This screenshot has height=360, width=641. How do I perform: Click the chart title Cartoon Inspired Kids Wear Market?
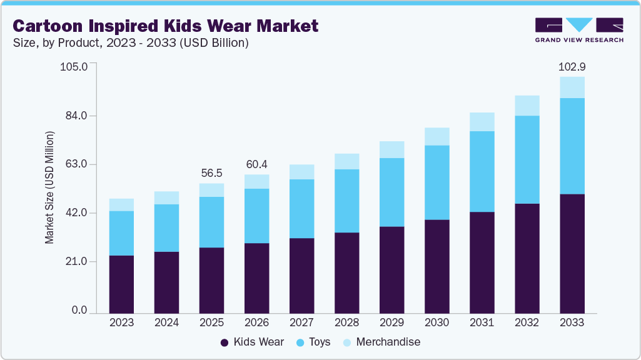point(166,26)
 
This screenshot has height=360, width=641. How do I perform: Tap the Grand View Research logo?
point(579,30)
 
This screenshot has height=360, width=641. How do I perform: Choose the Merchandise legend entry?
point(381,342)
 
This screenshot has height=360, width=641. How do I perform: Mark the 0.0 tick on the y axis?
point(79,311)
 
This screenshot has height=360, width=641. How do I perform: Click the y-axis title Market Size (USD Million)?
point(49,187)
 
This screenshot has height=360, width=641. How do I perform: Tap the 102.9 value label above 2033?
point(572,66)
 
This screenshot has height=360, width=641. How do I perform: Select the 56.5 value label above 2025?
point(211,172)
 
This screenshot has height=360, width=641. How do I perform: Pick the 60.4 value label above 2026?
point(256,164)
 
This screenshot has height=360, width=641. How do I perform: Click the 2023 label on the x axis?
point(121,322)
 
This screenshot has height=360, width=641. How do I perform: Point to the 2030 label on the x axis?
point(437,322)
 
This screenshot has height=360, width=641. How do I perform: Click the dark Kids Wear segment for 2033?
point(572,253)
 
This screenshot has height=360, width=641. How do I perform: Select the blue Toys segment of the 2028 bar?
point(346,201)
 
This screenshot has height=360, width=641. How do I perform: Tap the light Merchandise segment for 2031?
point(482,121)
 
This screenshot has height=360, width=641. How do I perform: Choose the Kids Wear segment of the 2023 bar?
point(121,284)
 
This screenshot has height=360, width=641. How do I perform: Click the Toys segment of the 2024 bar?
point(166,227)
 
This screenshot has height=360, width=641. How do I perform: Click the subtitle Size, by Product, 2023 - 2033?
point(131,43)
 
